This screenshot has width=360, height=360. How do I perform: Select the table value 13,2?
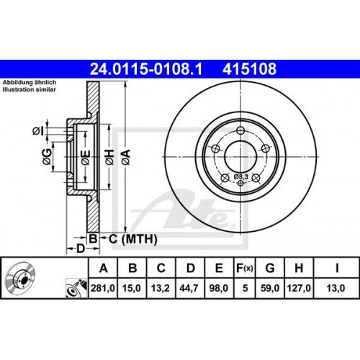(162, 288)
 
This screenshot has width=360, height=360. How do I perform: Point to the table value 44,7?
(190, 288)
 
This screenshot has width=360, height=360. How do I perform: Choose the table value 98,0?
(217, 288)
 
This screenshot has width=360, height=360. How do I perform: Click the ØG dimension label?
(48, 156)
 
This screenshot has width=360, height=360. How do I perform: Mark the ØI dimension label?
(37, 130)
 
